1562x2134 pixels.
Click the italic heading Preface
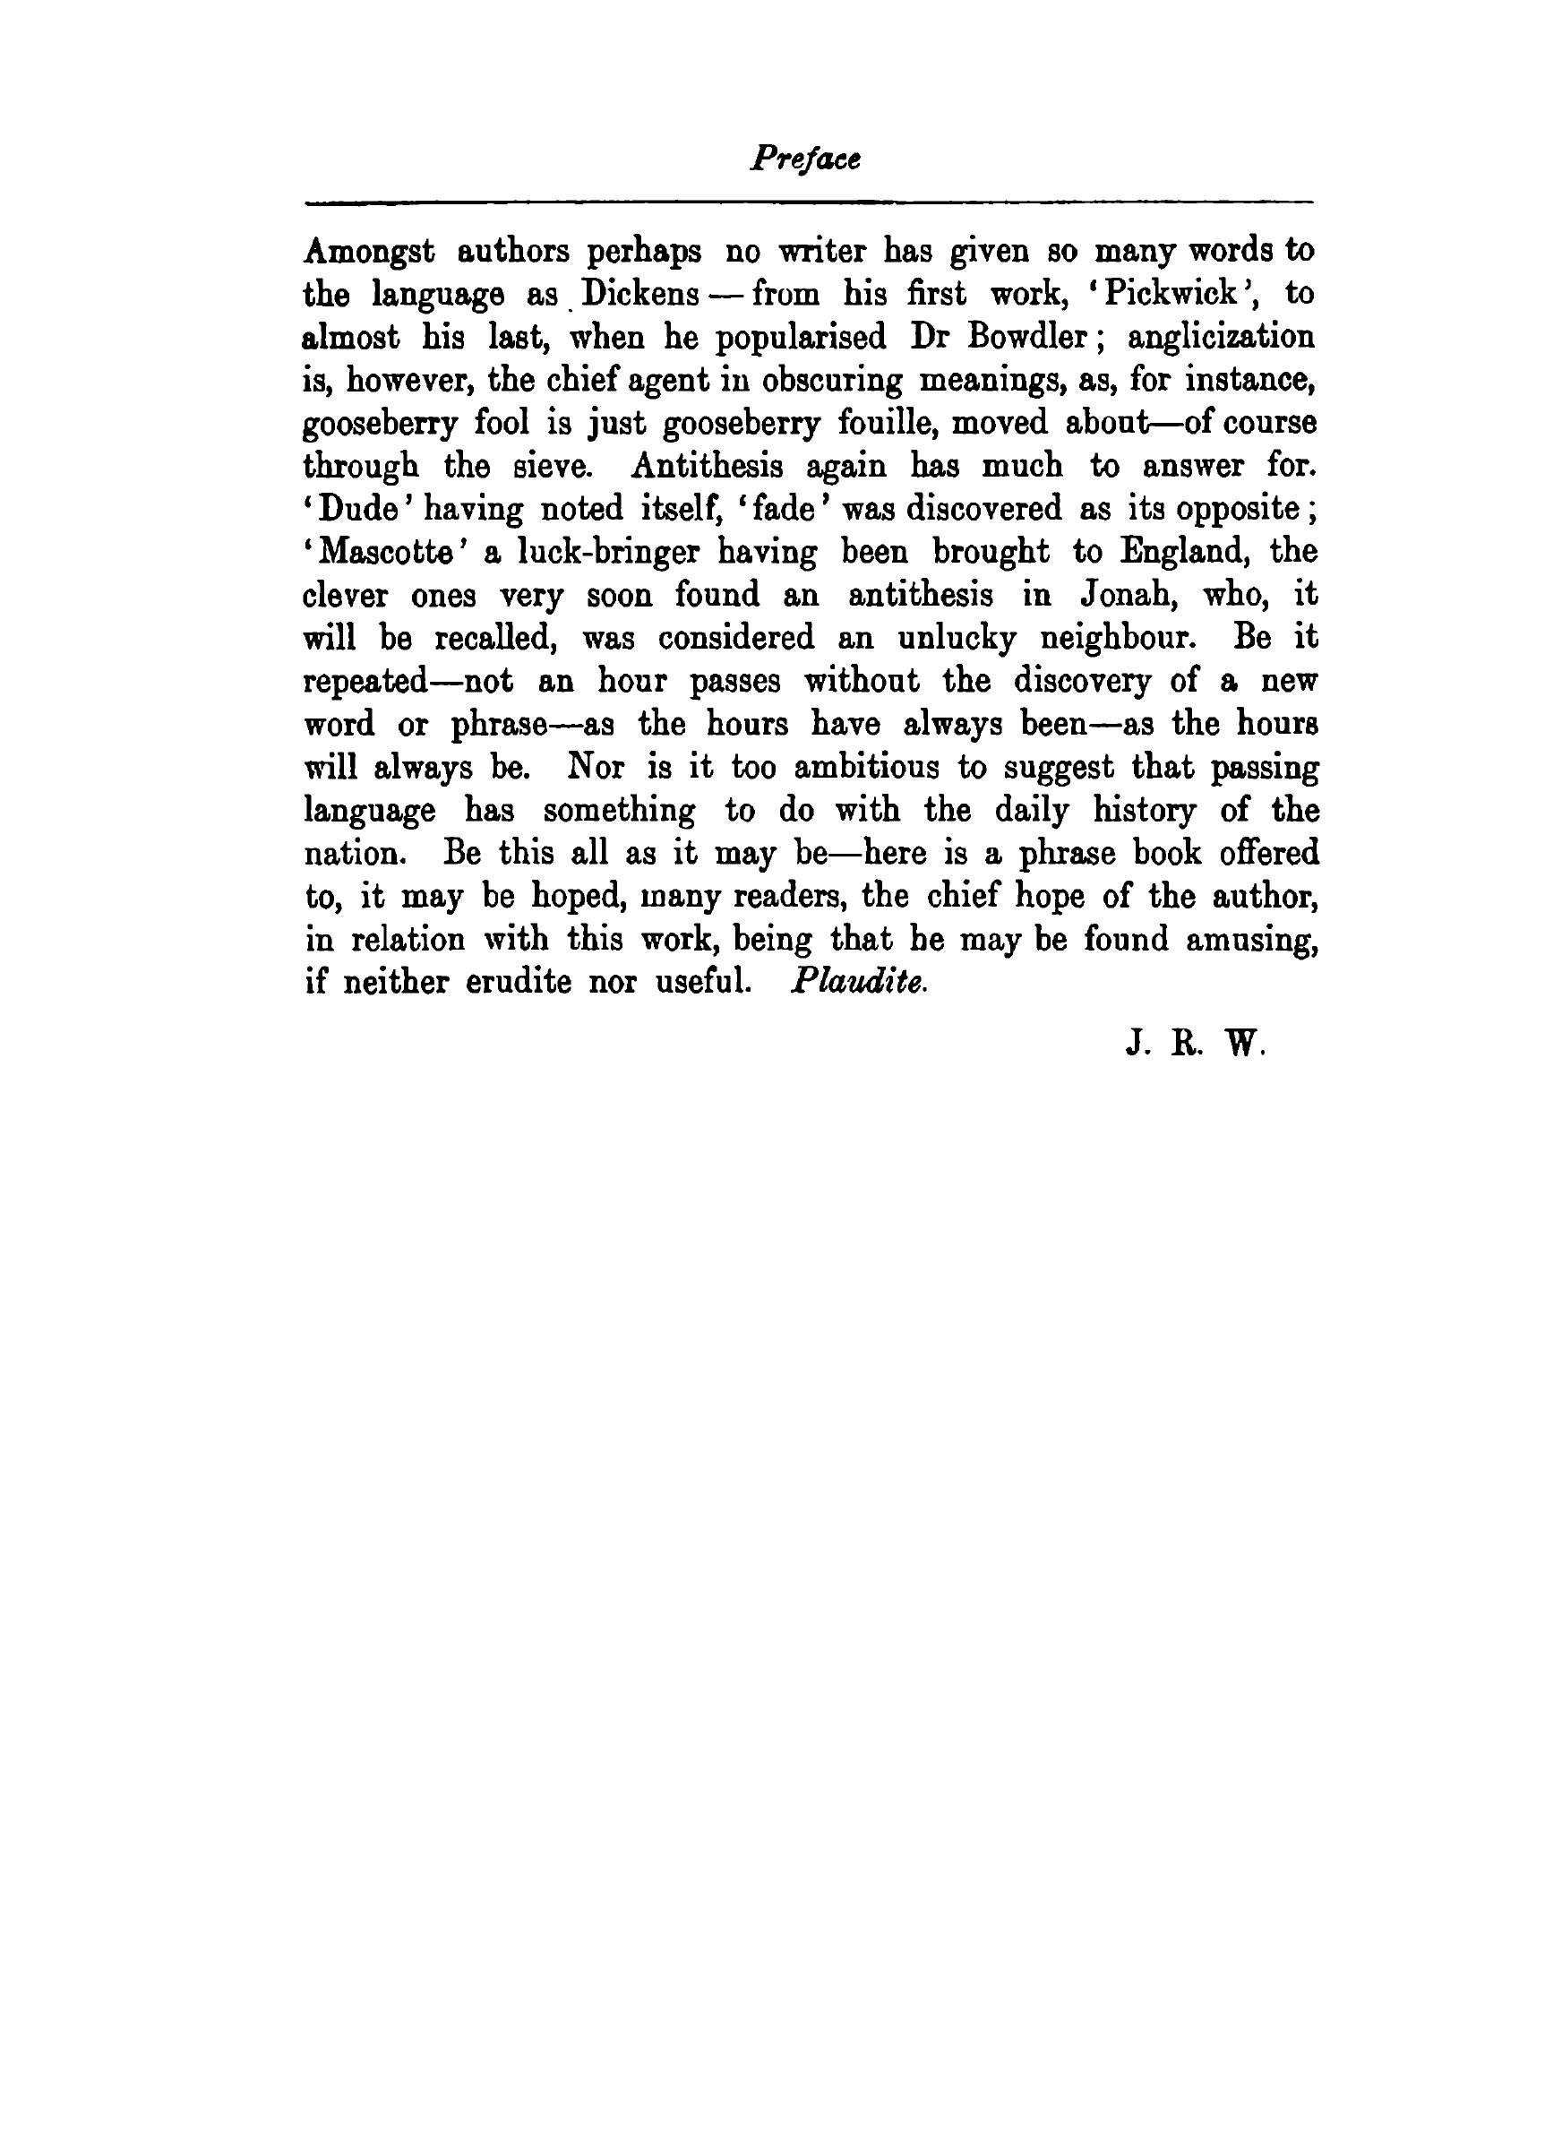pos(804,159)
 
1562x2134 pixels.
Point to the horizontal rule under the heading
pos(810,202)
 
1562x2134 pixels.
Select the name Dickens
pos(639,294)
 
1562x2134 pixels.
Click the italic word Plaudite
pos(858,983)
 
